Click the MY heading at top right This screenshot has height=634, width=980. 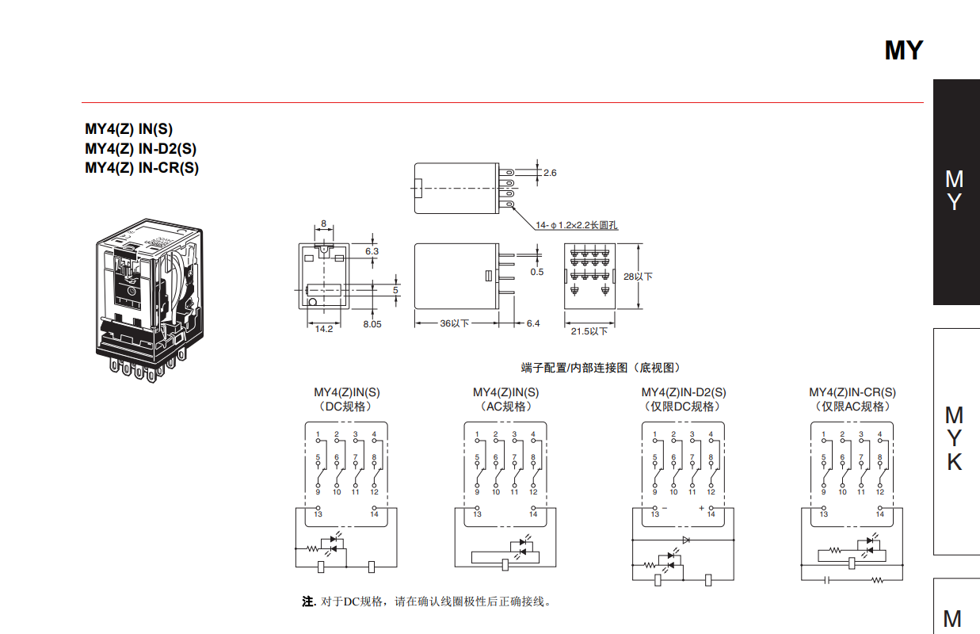click(x=903, y=51)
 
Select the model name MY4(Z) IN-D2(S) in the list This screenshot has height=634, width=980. click(x=141, y=148)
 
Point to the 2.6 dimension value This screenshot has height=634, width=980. click(x=550, y=173)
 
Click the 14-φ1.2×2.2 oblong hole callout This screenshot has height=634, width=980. click(x=576, y=225)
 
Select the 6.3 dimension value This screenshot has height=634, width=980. click(x=372, y=251)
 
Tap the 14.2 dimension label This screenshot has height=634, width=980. click(x=324, y=329)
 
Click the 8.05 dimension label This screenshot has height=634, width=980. click(x=372, y=324)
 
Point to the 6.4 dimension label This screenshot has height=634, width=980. click(x=532, y=323)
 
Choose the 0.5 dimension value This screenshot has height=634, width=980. click(x=537, y=272)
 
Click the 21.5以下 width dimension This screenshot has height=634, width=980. click(x=589, y=331)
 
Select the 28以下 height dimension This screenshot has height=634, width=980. click(x=639, y=277)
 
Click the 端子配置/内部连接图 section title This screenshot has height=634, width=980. click(x=600, y=368)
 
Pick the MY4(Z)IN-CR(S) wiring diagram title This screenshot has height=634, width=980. click(x=852, y=392)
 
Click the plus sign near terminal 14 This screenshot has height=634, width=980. click(x=701, y=508)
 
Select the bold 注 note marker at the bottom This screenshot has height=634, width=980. click(x=307, y=602)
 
